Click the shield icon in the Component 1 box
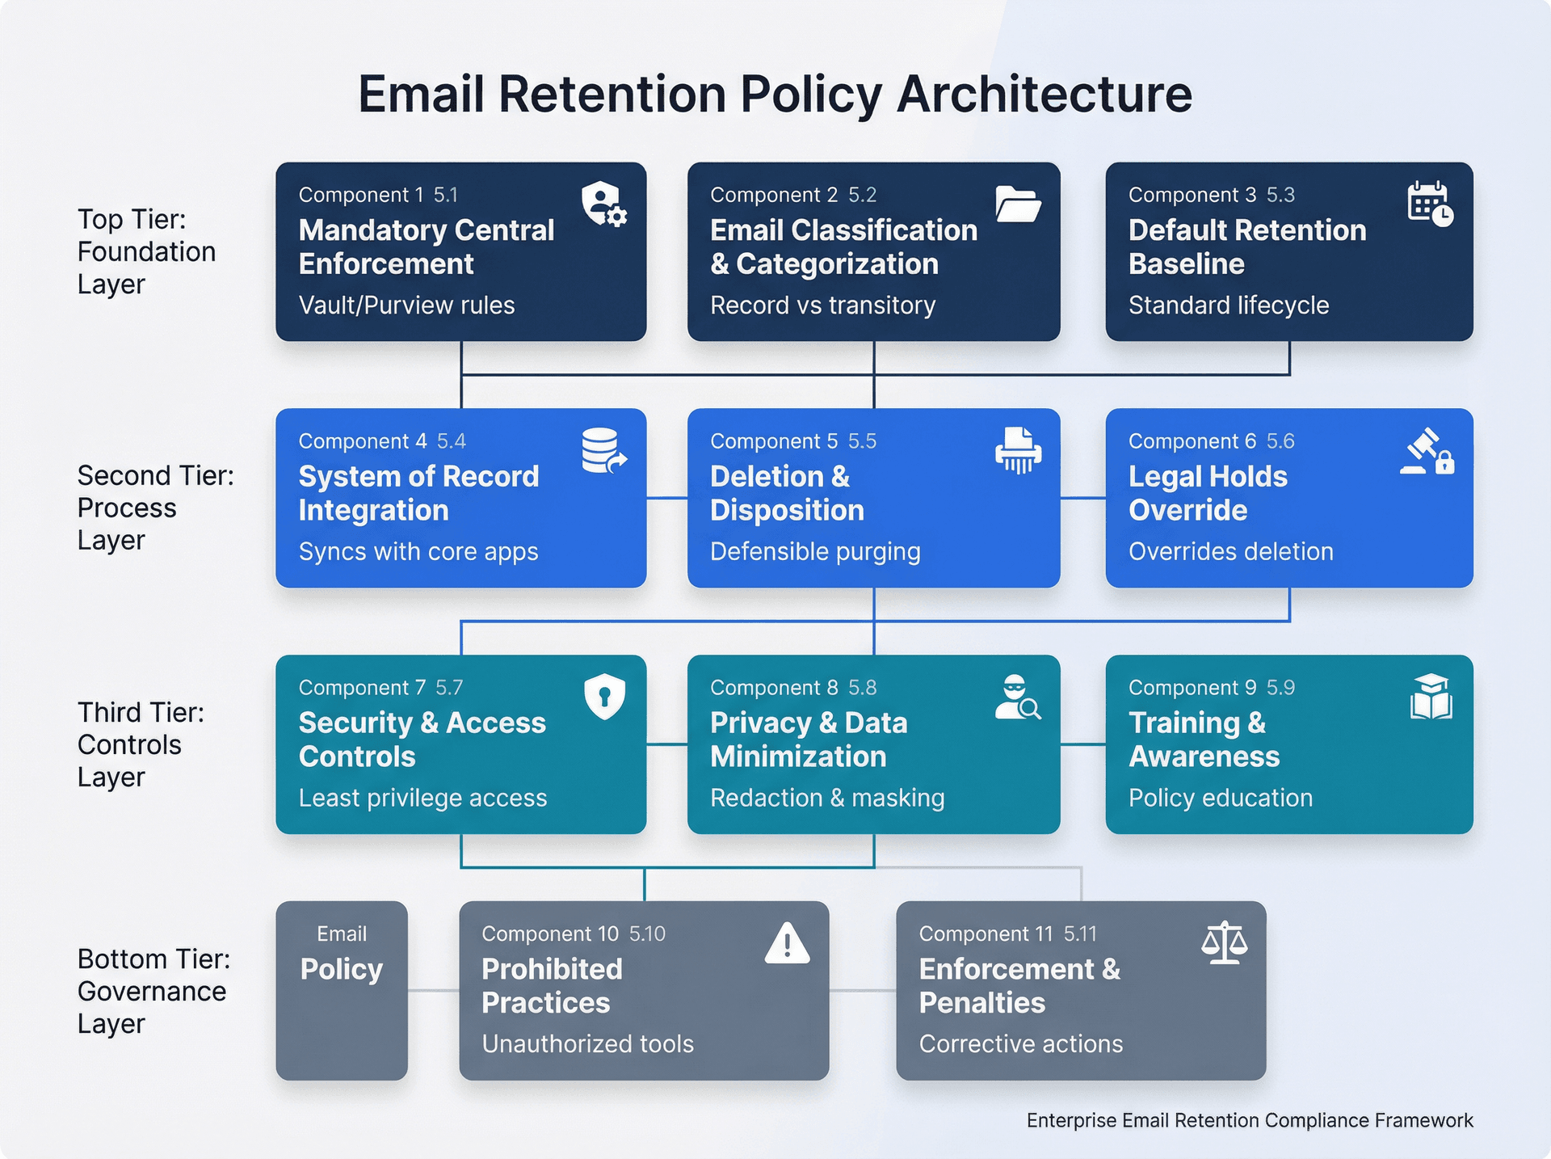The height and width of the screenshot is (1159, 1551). point(603,204)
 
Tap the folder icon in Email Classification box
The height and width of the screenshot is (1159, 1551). point(1017,204)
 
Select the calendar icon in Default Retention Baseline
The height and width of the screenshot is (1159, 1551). point(1430,204)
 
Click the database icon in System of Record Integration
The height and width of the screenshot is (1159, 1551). point(603,451)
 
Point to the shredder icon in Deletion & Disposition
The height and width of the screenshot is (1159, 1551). point(1018,450)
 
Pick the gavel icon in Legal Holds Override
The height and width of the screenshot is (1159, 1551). point(1427,451)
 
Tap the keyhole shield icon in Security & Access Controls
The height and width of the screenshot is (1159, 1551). point(604,695)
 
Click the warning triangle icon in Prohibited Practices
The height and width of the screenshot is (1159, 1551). point(787,943)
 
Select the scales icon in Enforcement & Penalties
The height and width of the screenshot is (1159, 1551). point(1224,942)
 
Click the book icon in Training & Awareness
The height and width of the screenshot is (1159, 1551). point(1431,697)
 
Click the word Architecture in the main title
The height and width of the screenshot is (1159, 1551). point(1044,95)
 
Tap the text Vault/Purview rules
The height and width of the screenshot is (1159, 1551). point(406,306)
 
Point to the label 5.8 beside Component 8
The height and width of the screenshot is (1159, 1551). point(862,688)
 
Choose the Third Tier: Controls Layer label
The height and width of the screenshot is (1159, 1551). point(141,744)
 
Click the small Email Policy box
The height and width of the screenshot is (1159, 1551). point(342,990)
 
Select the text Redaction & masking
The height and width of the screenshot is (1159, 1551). point(827,799)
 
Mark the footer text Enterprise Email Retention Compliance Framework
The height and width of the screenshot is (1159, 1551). point(1249,1120)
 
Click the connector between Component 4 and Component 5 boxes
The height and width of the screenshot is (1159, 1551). point(666,498)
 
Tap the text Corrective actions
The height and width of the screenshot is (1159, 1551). point(1020,1044)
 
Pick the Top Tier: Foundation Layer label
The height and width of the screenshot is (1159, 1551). point(145,251)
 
